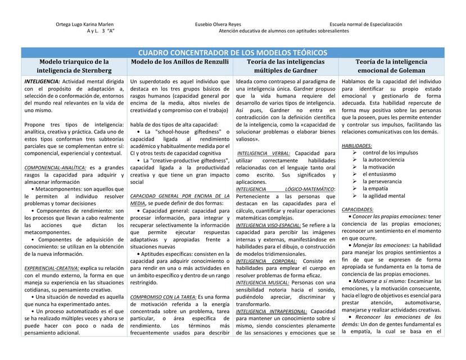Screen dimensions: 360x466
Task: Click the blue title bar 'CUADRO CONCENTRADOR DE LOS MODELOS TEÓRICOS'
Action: (x=233, y=52)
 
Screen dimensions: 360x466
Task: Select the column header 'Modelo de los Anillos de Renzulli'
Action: (x=180, y=62)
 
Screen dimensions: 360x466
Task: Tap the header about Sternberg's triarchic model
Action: (x=74, y=66)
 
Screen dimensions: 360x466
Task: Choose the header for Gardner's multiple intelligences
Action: (x=286, y=66)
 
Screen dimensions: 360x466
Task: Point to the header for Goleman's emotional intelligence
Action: (x=391, y=66)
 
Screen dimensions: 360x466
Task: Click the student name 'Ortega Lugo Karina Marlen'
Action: (x=85, y=25)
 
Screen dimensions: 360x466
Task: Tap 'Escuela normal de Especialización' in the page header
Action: (x=366, y=25)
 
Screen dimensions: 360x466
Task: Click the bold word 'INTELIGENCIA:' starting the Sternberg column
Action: (x=42, y=82)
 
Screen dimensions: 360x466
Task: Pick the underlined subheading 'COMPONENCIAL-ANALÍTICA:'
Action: (x=55, y=168)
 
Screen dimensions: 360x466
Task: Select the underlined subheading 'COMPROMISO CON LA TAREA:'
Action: (x=163, y=297)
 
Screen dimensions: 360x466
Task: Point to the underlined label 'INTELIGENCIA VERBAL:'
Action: (x=264, y=153)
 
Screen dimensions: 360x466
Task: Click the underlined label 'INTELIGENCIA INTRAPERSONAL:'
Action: (x=272, y=311)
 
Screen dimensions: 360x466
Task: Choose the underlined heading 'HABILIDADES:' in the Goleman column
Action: (x=357, y=146)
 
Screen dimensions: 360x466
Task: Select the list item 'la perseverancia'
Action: (x=385, y=182)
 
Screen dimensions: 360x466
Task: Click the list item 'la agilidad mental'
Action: (x=383, y=196)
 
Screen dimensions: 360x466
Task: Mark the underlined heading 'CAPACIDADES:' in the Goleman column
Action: (x=358, y=210)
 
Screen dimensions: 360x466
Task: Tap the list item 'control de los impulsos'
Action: (x=390, y=153)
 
